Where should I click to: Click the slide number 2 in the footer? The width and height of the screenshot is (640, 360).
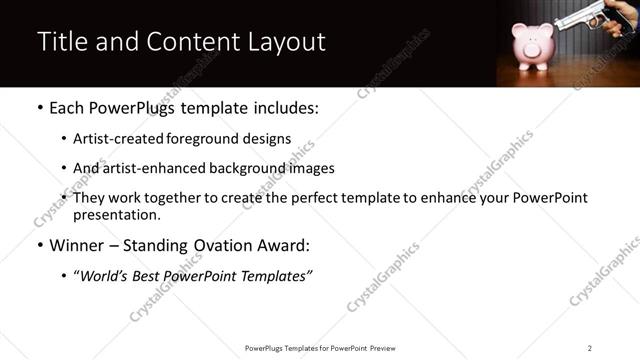pos(590,348)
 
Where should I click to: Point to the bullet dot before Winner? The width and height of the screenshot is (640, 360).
pos(40,246)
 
